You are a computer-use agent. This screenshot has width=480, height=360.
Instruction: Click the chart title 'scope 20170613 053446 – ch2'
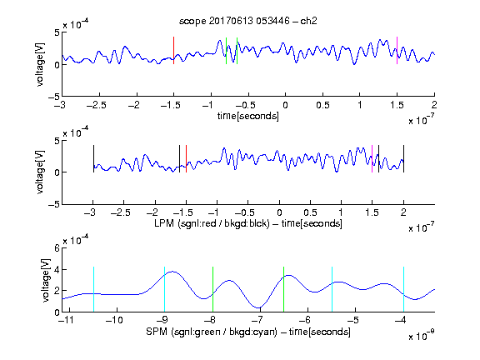[x=248, y=21]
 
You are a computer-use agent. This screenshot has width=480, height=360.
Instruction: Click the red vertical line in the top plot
[x=173, y=51]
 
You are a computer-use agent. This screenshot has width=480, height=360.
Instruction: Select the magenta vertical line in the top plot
[x=397, y=51]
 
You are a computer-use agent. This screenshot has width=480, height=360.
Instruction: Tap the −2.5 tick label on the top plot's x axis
[x=97, y=105]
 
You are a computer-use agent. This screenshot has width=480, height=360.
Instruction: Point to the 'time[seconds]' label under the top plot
[x=248, y=116]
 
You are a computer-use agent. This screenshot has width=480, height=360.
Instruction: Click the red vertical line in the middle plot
[x=186, y=158]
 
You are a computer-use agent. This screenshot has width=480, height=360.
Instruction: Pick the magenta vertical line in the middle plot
[x=372, y=158]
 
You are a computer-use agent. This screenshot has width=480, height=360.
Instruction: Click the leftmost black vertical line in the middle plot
[x=93, y=158]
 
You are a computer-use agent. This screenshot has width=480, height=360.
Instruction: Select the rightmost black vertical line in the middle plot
[x=403, y=158]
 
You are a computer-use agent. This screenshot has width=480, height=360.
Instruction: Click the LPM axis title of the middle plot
[x=248, y=223]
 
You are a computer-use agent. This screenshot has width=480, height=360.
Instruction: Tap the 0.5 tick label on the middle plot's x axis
[x=310, y=212]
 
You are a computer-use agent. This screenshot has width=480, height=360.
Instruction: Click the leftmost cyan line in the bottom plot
[x=93, y=289]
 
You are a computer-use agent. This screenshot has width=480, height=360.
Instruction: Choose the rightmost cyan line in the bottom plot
[x=403, y=289]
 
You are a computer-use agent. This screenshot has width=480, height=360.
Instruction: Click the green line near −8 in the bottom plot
[x=212, y=289]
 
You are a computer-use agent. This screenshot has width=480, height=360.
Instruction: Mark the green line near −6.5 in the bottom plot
[x=284, y=289]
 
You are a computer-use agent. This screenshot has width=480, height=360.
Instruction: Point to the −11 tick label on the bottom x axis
[x=67, y=320]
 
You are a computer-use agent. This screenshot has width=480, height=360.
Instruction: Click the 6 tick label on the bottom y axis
[x=57, y=248]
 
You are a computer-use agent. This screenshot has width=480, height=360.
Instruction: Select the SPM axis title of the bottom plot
[x=248, y=332]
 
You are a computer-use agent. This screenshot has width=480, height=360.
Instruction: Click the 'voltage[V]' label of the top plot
[x=40, y=65]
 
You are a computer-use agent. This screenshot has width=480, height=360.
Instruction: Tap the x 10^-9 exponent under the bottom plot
[x=422, y=335]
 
